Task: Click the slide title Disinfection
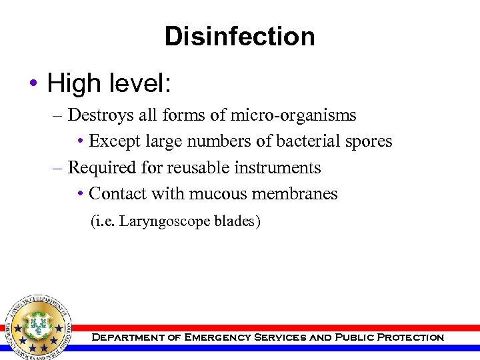(239, 36)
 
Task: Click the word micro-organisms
(293, 115)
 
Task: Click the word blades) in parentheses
(237, 221)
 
